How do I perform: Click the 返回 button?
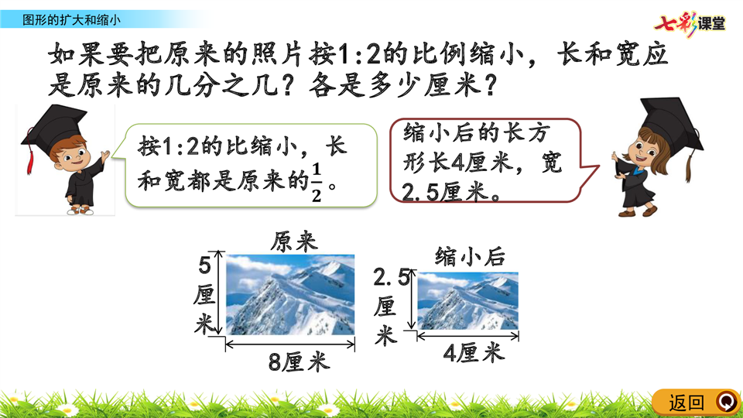coord(696,403)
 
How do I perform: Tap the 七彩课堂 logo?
coord(690,23)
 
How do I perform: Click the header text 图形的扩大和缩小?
coord(71,20)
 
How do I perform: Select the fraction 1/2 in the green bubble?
coord(316,183)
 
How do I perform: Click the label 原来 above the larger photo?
coord(294,242)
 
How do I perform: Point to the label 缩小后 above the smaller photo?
coord(470,257)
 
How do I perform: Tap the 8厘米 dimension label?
coord(299,362)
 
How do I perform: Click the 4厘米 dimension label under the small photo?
coord(474,353)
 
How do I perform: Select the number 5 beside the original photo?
coord(204,266)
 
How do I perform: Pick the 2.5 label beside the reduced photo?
coord(392,278)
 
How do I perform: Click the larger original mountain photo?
coord(290,295)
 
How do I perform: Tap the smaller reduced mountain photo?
coord(467,301)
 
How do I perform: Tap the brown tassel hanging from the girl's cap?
coord(690,165)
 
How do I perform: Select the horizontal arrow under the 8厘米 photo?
coord(290,344)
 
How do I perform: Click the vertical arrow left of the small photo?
coord(411,300)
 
